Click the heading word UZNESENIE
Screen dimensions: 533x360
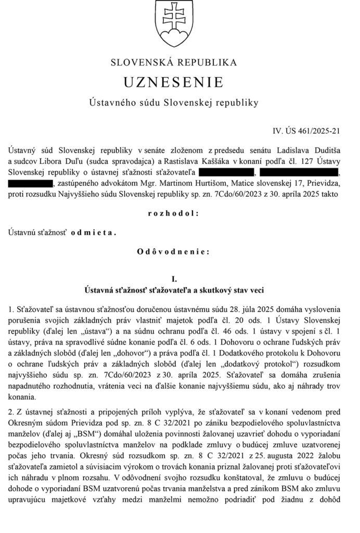pyautogui.click(x=174, y=82)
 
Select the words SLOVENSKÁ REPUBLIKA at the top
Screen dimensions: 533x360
pyautogui.click(x=174, y=62)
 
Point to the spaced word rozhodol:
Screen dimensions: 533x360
pyautogui.click(x=174, y=213)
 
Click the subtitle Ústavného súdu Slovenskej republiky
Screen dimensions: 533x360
pyautogui.click(x=174, y=103)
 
